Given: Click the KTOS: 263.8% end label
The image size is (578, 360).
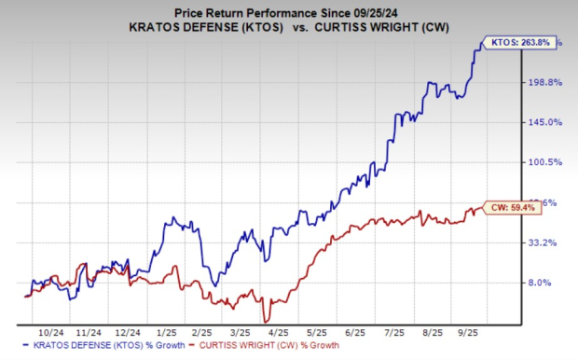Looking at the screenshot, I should [x=514, y=42].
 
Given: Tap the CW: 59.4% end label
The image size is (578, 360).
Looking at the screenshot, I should [x=510, y=209].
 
